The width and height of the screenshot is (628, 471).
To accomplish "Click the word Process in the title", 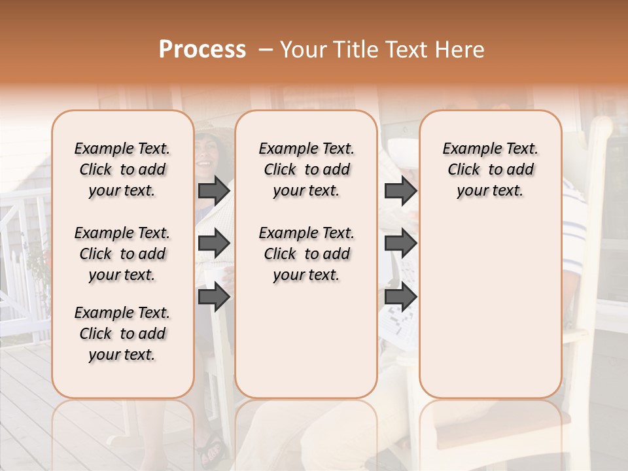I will (x=202, y=50).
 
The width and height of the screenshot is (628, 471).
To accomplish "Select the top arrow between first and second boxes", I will (x=214, y=190).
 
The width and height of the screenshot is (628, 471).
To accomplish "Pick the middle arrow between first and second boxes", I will (x=214, y=244).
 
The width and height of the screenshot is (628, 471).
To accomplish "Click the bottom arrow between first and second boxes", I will (x=214, y=297).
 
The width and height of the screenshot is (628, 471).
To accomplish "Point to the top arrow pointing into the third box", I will (x=400, y=190).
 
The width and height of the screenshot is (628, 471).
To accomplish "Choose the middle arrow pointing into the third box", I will (x=400, y=244).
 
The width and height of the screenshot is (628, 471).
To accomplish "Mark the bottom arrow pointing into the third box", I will (x=400, y=297).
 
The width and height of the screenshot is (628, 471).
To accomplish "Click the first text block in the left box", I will (x=122, y=169).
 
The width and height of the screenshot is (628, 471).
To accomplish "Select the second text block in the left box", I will (x=122, y=254).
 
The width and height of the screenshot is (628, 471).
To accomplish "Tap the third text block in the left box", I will (x=122, y=334).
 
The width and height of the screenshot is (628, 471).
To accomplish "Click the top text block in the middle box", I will (x=307, y=169).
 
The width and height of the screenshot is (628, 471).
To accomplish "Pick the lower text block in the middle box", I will (x=307, y=254).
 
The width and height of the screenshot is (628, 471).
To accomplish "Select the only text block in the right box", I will (x=491, y=169).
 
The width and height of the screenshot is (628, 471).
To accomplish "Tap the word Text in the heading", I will (x=404, y=50).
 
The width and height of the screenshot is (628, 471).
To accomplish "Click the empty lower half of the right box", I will (x=491, y=314).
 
